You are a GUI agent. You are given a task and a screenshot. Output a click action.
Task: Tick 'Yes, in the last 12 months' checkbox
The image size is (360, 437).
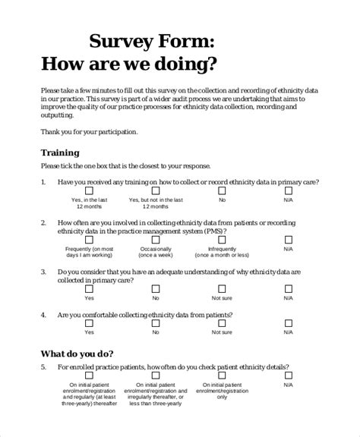[90, 193]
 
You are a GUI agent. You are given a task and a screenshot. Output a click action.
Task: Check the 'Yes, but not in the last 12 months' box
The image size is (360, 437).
[156, 193]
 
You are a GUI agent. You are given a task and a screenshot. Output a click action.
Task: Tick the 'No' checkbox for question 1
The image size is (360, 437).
[222, 193]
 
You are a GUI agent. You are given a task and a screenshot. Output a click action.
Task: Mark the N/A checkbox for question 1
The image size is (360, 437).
[288, 193]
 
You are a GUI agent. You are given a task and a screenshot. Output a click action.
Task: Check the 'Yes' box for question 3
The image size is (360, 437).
[90, 289]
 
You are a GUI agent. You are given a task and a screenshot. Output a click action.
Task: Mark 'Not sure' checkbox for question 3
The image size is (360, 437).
[222, 289]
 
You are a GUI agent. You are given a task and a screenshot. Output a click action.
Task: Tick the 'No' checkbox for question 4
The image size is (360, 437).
[156, 323]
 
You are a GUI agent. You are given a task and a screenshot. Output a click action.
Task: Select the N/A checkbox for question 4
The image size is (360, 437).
[288, 323]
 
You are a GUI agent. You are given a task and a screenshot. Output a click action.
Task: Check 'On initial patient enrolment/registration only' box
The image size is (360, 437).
[222, 376]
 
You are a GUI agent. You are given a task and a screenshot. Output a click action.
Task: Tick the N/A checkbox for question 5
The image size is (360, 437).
[288, 376]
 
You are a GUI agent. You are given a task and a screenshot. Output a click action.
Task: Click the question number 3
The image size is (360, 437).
[43, 272]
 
